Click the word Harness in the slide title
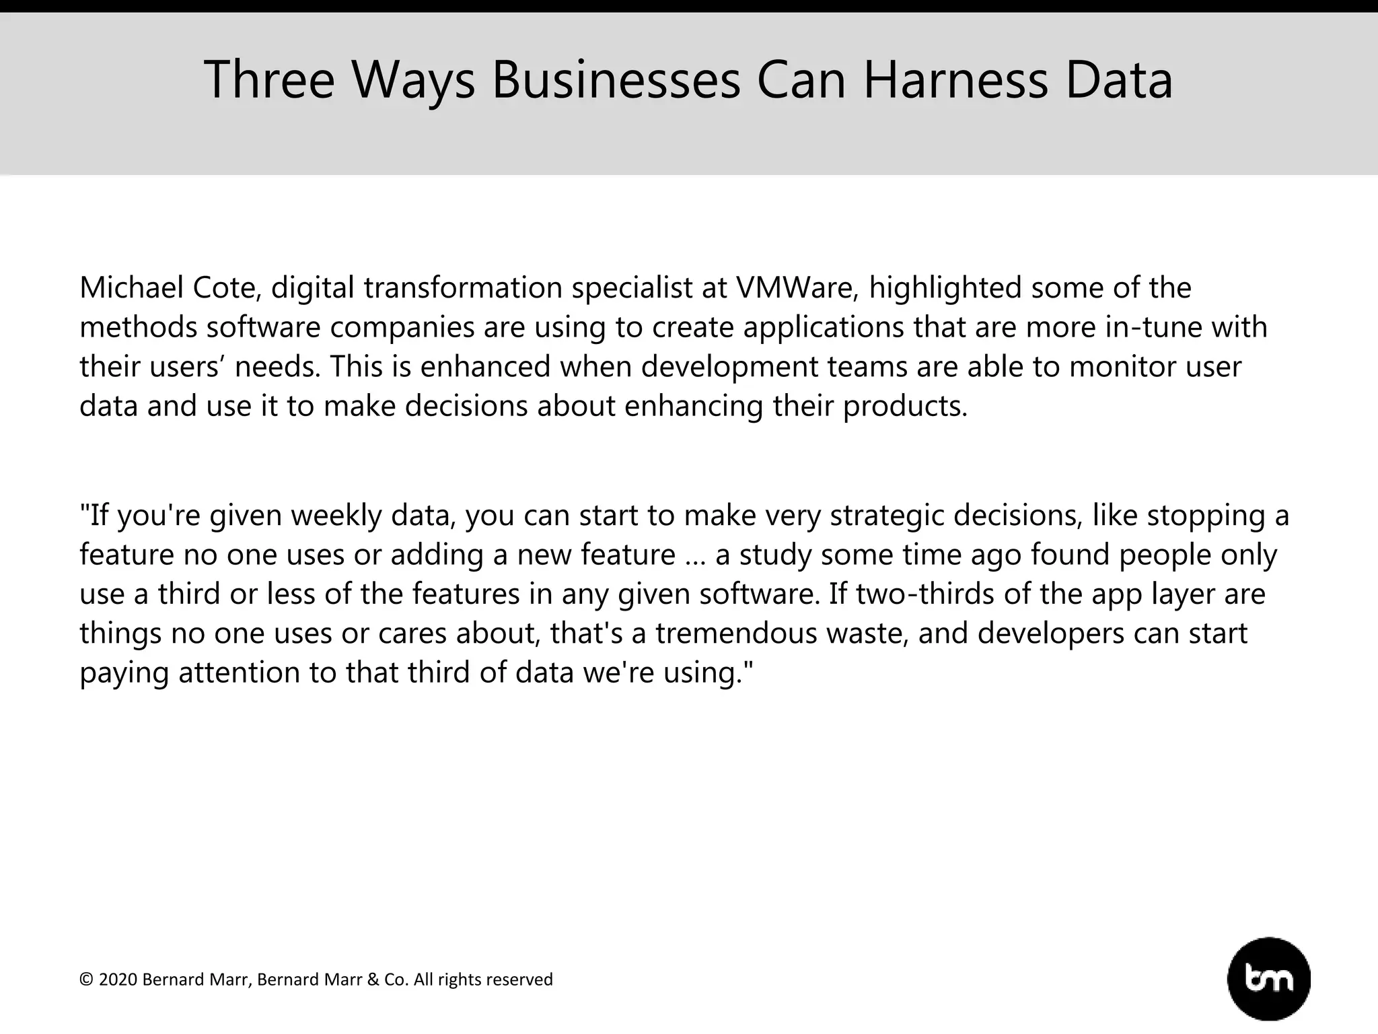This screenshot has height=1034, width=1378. point(955,80)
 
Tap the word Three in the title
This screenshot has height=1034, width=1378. point(269,80)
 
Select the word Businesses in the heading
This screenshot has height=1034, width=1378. point(616,80)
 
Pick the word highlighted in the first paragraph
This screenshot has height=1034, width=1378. point(945,289)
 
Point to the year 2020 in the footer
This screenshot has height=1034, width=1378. point(118,979)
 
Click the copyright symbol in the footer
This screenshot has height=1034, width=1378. point(86,979)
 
